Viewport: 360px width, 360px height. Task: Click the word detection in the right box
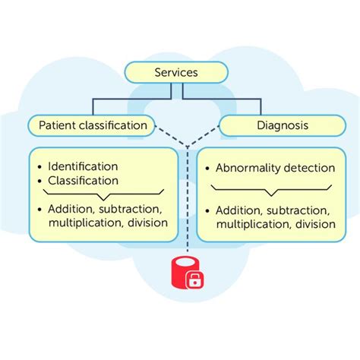tap(308, 168)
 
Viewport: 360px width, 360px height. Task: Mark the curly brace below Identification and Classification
tap(97, 194)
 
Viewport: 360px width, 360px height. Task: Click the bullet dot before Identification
tap(39, 166)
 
